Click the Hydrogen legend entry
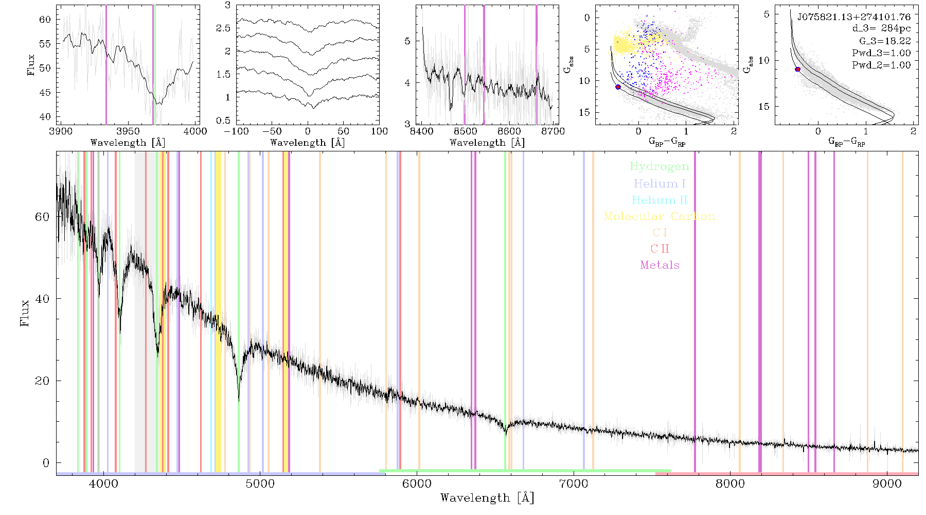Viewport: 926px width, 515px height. pos(660,167)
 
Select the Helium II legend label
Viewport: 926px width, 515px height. pos(660,200)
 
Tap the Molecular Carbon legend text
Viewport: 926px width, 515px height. pos(660,216)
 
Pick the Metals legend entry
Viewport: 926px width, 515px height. pos(660,265)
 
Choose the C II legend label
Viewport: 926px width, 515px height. pos(660,249)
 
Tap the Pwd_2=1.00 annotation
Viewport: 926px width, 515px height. pos(881,65)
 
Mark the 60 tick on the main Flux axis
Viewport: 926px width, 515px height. pos(42,217)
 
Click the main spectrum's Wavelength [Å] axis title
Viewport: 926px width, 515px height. pos(487,498)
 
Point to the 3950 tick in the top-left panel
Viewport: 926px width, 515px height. pos(128,131)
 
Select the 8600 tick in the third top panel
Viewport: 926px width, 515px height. pos(509,131)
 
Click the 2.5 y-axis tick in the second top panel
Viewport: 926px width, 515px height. pos(223,28)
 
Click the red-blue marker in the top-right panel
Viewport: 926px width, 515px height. pos(797,69)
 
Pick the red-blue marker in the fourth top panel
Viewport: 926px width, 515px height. pos(618,87)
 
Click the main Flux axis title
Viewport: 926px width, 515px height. pos(24,313)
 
